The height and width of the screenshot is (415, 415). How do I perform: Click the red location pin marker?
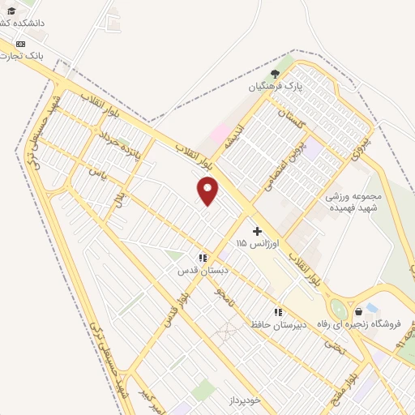click(208, 191)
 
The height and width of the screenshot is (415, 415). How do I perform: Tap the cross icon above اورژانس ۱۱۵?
click(258, 231)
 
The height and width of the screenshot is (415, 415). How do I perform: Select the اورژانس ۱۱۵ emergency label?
click(258, 243)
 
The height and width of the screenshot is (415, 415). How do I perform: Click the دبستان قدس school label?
click(203, 271)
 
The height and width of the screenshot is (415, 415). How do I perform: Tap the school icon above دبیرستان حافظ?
click(278, 311)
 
